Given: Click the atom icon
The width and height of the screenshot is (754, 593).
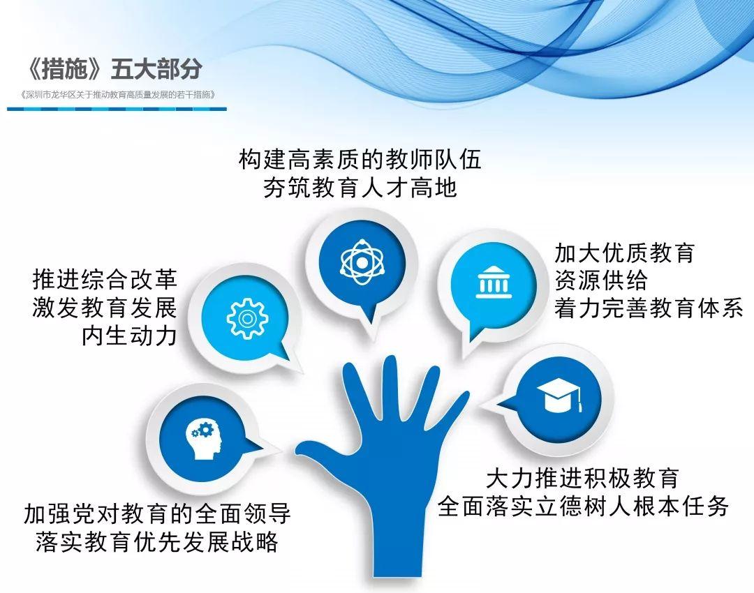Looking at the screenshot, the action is [362, 262].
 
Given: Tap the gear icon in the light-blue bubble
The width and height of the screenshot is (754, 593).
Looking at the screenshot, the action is [247, 319].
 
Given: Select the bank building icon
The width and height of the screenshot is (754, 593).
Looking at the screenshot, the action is [494, 282].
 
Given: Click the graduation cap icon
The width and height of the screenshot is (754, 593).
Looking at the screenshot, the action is [559, 395].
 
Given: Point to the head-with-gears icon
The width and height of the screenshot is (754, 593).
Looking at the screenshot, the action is [205, 440].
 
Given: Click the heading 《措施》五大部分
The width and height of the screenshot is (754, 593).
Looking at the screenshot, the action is [114, 69].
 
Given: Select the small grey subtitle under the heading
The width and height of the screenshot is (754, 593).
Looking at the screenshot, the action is [118, 95].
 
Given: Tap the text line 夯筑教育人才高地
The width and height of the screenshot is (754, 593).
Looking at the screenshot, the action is [360, 188].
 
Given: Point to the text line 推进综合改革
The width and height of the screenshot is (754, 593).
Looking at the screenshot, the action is [105, 280].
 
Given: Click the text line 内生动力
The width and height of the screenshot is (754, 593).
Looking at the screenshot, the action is [129, 336].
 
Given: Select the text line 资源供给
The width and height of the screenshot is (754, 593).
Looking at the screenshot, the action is [601, 280].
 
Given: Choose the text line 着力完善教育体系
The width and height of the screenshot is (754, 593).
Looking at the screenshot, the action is [649, 308].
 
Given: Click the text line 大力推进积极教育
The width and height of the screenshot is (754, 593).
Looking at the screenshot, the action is [582, 479].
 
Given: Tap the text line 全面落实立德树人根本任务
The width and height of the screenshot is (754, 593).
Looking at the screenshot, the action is [583, 506].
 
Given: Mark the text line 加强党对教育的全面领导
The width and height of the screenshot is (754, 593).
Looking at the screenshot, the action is [157, 513].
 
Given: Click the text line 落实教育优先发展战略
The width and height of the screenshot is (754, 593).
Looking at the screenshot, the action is [157, 541].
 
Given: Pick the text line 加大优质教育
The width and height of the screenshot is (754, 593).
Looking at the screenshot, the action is [625, 253].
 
